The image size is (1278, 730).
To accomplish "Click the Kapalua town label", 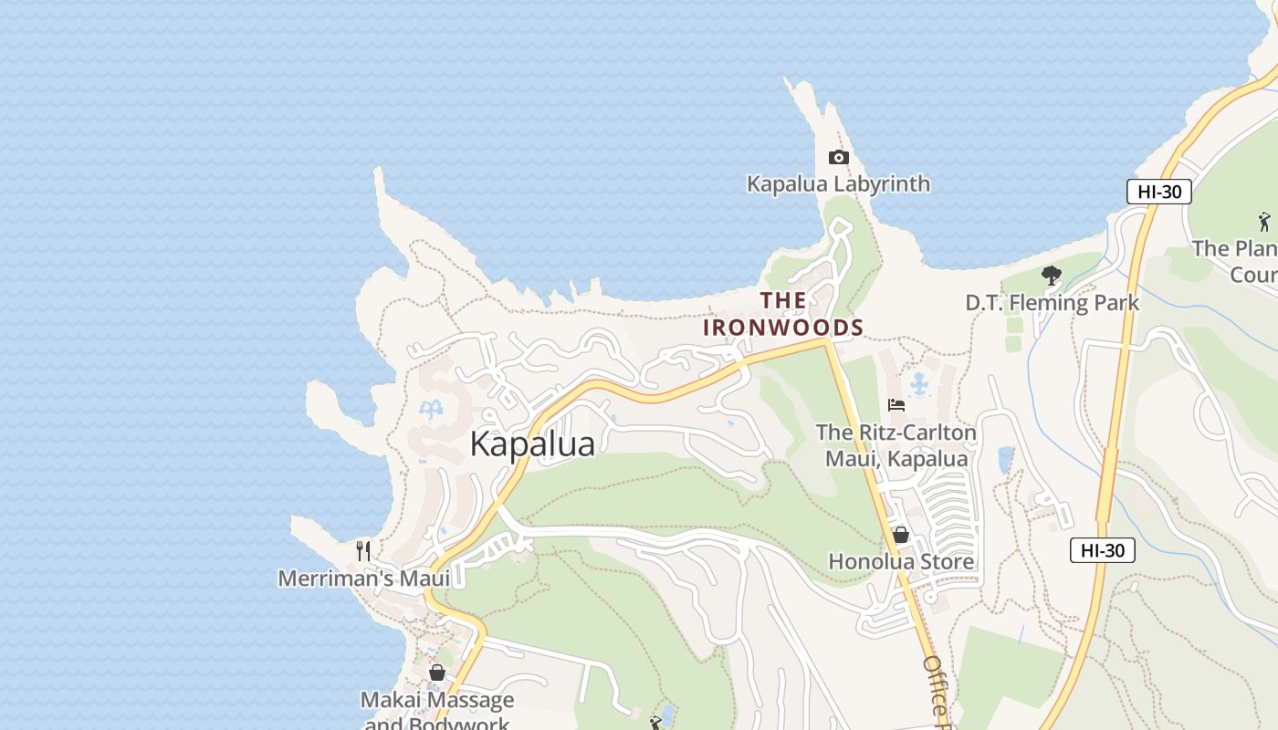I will click(x=532, y=444).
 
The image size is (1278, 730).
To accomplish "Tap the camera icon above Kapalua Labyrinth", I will click(x=838, y=158).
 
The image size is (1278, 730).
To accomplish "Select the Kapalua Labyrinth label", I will click(x=838, y=184).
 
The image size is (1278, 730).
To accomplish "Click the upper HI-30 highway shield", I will click(x=1158, y=192).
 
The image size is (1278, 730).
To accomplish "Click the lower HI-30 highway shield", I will click(x=1102, y=550).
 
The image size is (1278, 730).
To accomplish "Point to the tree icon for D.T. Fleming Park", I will click(x=1052, y=275).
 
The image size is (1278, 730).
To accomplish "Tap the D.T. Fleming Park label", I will click(x=1052, y=303).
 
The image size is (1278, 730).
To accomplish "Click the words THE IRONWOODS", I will click(x=783, y=314).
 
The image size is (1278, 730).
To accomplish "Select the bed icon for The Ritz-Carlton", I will click(x=896, y=405).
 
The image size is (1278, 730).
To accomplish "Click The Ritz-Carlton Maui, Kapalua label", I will click(x=896, y=445).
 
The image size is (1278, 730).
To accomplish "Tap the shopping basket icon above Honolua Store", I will click(x=900, y=535).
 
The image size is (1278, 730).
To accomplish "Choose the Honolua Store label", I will click(x=900, y=562).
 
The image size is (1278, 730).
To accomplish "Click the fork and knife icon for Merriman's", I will click(x=363, y=550).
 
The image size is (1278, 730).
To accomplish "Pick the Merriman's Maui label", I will click(x=363, y=579).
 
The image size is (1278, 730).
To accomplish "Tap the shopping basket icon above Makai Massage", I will click(x=437, y=673).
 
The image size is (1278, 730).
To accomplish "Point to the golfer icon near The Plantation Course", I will click(x=1264, y=221).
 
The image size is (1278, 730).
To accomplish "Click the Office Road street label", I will click(x=938, y=693).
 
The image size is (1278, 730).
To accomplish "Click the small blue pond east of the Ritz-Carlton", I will click(x=1005, y=460).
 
